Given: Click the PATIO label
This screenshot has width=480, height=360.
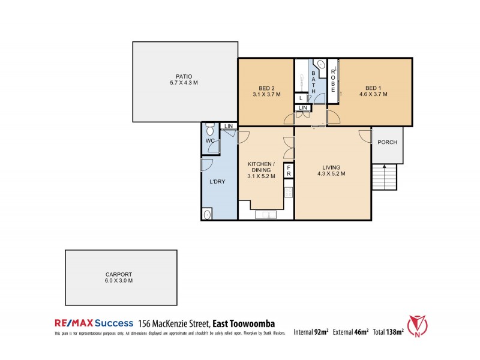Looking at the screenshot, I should tap(184, 76).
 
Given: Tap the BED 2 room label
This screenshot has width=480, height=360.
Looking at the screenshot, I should tap(266, 88).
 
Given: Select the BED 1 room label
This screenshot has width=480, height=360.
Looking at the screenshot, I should tap(373, 88).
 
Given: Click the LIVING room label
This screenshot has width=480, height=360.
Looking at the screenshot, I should tap(331, 167).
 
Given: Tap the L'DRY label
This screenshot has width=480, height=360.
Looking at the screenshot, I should tap(217, 182).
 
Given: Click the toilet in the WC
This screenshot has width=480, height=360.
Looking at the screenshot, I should tap(209, 130).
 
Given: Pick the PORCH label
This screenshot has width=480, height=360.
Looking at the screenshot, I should tap(387, 142).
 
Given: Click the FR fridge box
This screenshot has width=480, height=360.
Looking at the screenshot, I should tap(288, 170).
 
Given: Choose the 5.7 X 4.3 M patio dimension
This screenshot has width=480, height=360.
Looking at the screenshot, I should tap(184, 83).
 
